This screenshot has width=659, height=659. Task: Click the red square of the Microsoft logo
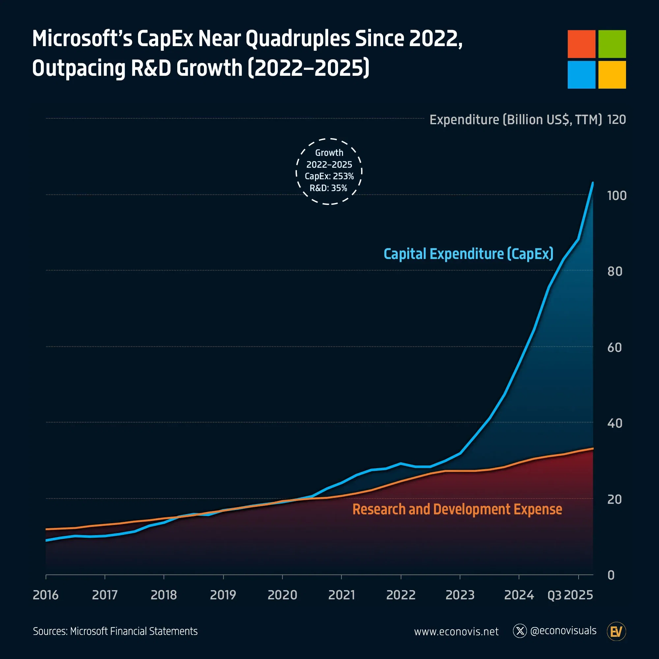[x=581, y=44]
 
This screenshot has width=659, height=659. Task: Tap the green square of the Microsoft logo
[x=612, y=44]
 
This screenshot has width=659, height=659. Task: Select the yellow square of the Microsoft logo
[x=612, y=75]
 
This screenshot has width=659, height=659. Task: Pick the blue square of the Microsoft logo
[x=581, y=75]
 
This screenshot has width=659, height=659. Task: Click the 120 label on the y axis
[x=616, y=120]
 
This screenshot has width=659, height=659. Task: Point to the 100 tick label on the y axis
[x=616, y=196]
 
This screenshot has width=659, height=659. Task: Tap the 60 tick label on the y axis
[x=614, y=348]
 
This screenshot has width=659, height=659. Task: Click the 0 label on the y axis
[x=611, y=575]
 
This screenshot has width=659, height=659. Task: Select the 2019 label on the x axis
[x=223, y=595]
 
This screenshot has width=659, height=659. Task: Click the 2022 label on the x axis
[x=400, y=595]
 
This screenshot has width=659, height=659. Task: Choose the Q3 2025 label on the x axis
[x=570, y=595]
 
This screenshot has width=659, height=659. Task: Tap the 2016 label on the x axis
[x=46, y=595]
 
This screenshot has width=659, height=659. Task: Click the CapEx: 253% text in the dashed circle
[x=329, y=176]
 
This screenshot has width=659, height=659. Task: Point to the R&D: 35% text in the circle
[x=328, y=188]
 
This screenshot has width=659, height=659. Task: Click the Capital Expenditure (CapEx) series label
[x=468, y=254]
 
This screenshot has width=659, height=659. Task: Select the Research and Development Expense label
[x=457, y=509]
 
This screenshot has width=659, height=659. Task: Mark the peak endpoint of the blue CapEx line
[x=593, y=183]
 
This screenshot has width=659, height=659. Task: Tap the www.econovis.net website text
[x=456, y=631]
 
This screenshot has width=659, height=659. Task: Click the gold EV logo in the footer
[x=616, y=631]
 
